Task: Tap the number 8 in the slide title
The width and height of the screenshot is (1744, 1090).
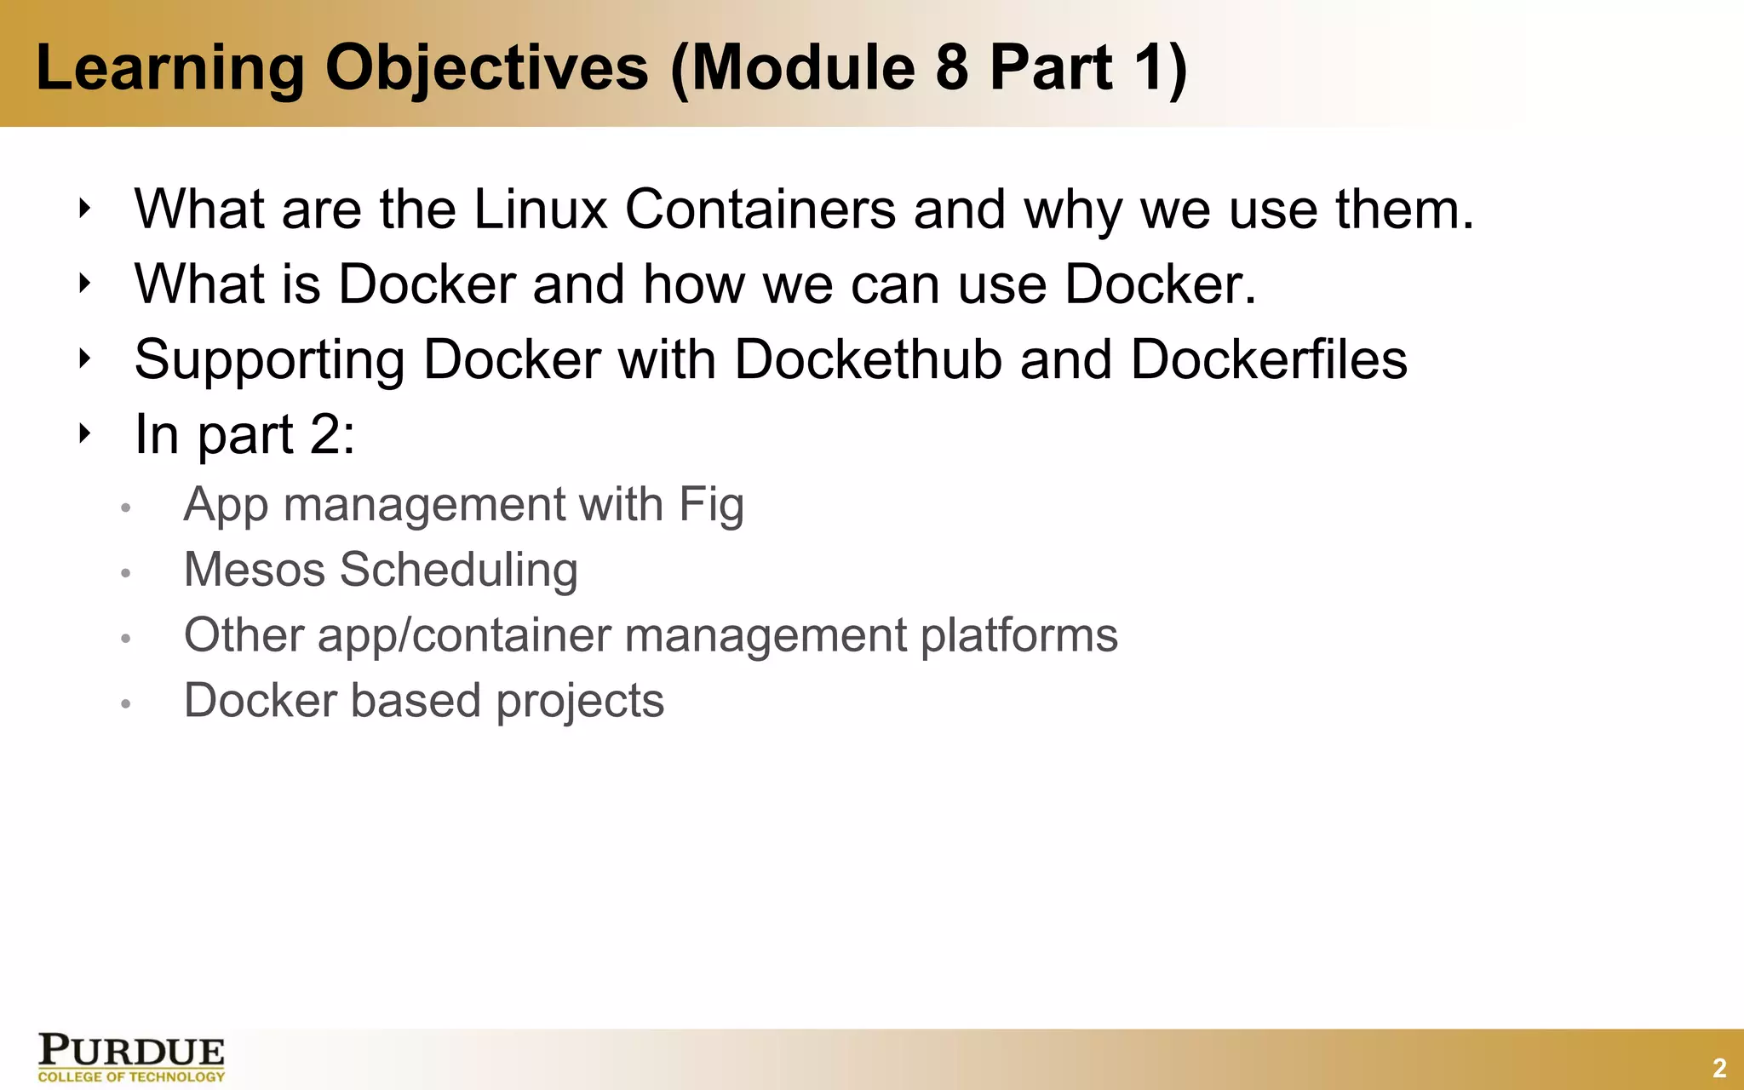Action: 951,68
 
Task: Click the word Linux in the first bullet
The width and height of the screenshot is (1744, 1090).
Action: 540,209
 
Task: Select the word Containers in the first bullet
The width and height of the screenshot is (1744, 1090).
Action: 760,209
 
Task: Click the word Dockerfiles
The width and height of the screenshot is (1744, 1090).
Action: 1269,359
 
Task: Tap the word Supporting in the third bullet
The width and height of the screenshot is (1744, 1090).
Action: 269,361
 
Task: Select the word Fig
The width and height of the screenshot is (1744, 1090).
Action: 711,506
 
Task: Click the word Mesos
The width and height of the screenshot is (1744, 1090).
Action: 255,570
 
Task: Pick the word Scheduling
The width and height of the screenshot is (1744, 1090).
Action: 459,571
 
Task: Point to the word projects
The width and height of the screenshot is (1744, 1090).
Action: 580,703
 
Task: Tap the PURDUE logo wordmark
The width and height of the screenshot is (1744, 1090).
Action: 131,1052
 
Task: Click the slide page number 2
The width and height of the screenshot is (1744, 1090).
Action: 1719,1068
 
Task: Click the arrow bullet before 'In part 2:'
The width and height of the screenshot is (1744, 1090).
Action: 83,433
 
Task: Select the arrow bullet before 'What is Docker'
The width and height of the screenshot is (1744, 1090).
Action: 83,283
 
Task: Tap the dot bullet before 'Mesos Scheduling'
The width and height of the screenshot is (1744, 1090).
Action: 125,573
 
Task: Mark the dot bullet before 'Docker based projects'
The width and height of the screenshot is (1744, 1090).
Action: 125,704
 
